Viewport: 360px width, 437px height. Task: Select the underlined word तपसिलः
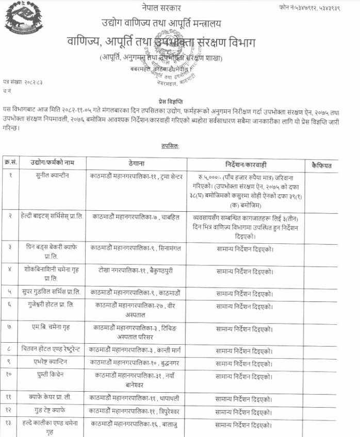pyautogui.click(x=170, y=146)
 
